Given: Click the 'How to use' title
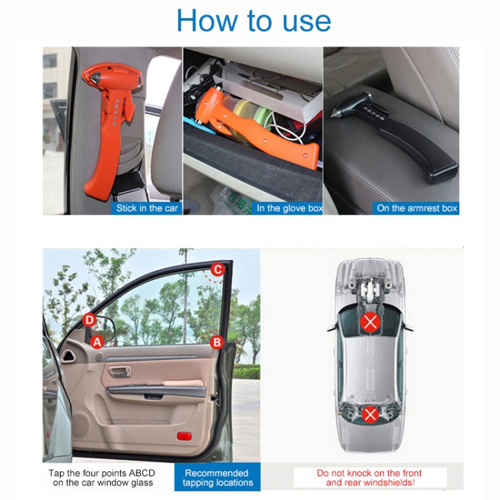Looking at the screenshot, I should [253, 21].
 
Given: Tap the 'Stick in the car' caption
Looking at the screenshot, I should [147, 208].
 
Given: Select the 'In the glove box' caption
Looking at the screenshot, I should [289, 208].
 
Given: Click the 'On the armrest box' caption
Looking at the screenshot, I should [417, 208].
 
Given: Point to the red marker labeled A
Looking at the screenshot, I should [97, 342].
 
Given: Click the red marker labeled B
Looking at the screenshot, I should [216, 342].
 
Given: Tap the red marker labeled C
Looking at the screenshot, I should [217, 269].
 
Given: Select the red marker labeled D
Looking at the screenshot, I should [89, 320].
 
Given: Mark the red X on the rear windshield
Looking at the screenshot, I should [370, 414].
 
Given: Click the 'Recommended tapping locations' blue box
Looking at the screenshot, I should [217, 477].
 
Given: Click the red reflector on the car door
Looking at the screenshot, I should [185, 436].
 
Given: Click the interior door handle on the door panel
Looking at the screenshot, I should [123, 371].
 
